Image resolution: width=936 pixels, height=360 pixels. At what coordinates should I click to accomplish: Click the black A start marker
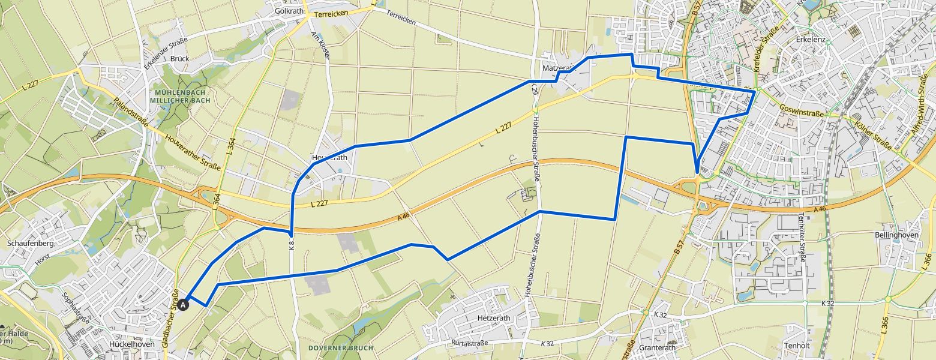pyautogui.click(x=184, y=304)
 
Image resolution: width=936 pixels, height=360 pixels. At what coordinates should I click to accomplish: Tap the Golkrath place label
pyautogui.click(x=287, y=11)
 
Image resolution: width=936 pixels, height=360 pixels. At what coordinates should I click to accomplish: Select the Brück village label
pyautogui.click(x=179, y=59)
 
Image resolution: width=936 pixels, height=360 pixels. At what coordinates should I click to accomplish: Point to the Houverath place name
pyautogui.click(x=329, y=158)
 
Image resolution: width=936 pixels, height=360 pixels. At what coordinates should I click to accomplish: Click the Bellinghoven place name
pyautogui.click(x=897, y=235)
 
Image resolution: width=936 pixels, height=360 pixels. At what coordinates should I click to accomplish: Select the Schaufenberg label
pyautogui.click(x=31, y=244)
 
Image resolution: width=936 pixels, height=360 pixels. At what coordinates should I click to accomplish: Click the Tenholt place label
pyautogui.click(x=797, y=346)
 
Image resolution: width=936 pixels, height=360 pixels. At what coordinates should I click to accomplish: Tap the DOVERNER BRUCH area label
pyautogui.click(x=340, y=347)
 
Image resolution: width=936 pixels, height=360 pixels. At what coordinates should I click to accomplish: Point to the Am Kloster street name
pyautogui.click(x=325, y=45)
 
